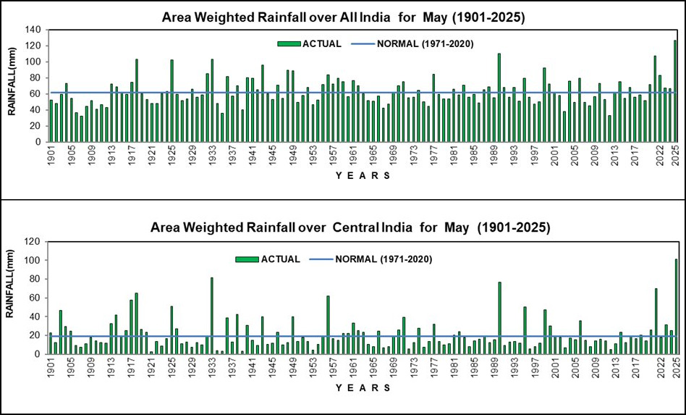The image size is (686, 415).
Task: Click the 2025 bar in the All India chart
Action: pyautogui.click(x=676, y=91)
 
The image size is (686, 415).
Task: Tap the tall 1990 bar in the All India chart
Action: pyautogui.click(x=499, y=98)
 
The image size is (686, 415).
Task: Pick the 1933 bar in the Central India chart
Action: pyautogui.click(x=211, y=316)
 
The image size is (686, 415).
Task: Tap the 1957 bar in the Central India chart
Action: pyautogui.click(x=328, y=325)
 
